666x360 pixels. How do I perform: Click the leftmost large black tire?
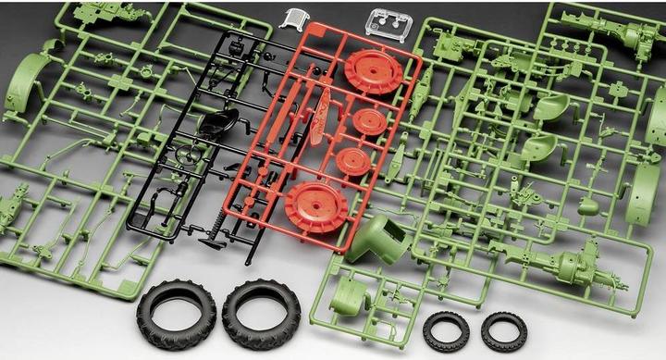[x=176, y=313]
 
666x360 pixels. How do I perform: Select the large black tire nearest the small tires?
[x=261, y=313]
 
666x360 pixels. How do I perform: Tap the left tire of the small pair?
[x=446, y=330]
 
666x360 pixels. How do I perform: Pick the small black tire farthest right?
[x=504, y=330]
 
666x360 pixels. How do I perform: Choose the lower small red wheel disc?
[x=353, y=162]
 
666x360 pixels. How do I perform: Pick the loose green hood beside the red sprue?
[x=379, y=239]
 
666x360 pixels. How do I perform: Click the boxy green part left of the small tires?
[x=351, y=298]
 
